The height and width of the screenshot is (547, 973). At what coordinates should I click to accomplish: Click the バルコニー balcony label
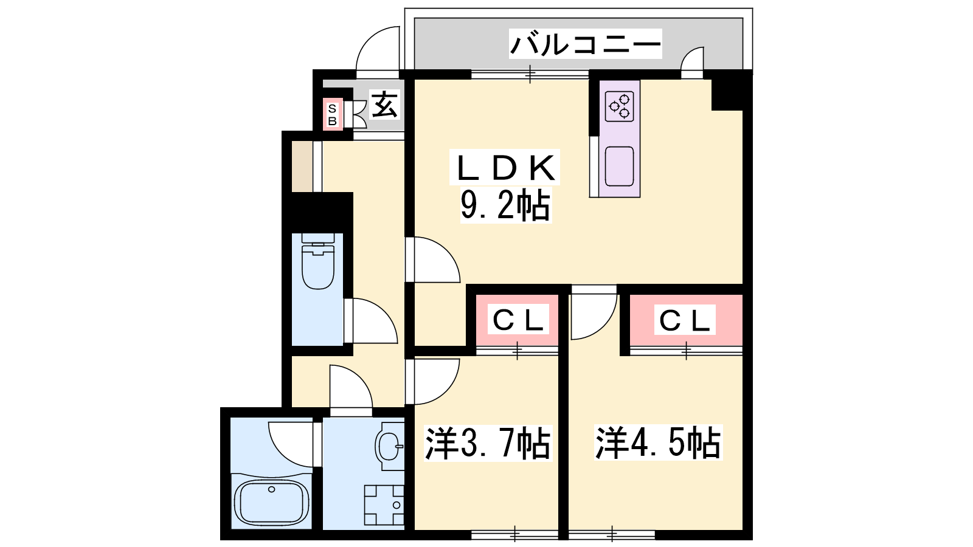(585, 44)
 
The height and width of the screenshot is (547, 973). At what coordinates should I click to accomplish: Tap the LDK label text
(506, 168)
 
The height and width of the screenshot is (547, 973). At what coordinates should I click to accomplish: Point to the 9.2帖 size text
(505, 205)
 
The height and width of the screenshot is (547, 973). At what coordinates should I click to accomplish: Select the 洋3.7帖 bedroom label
(488, 443)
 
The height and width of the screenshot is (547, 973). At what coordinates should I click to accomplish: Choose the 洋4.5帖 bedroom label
(658, 443)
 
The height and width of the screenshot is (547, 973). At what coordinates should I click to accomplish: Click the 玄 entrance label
(384, 104)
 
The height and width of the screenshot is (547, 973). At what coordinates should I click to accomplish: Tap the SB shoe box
(332, 115)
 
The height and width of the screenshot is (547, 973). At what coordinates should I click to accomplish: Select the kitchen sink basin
(619, 167)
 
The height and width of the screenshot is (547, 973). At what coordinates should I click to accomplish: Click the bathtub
(271, 503)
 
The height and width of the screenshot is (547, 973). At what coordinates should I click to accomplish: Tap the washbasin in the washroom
(390, 446)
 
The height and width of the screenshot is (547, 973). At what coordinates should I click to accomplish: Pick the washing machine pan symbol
(384, 505)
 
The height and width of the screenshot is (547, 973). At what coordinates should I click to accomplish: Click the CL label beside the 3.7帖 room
(518, 321)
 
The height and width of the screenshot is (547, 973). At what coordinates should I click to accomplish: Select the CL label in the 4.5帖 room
(685, 321)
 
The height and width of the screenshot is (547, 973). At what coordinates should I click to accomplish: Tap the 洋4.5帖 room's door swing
(594, 312)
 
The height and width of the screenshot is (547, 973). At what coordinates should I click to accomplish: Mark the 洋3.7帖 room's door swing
(432, 381)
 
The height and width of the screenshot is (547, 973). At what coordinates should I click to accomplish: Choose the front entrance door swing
(378, 49)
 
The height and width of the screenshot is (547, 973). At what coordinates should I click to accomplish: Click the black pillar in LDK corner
(727, 95)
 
